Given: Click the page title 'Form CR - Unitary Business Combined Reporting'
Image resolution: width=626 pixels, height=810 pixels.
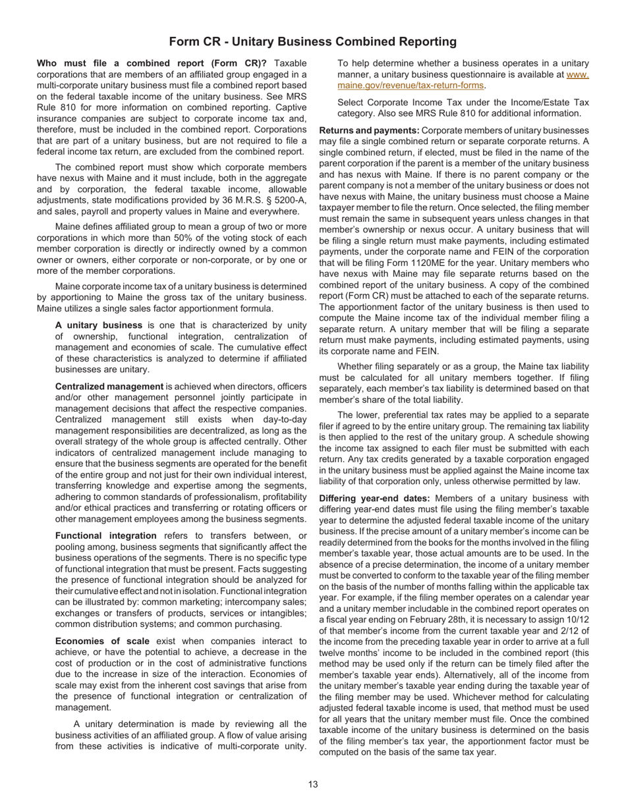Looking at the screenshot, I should [x=312, y=41].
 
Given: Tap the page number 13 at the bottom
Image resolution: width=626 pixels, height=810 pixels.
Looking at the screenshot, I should [x=312, y=784].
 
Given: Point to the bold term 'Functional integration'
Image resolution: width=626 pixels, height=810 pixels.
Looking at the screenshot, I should [x=106, y=535].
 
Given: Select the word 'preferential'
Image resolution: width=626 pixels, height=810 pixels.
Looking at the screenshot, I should [x=426, y=415].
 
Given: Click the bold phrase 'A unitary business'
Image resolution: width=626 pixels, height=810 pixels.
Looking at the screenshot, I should [x=99, y=325].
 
